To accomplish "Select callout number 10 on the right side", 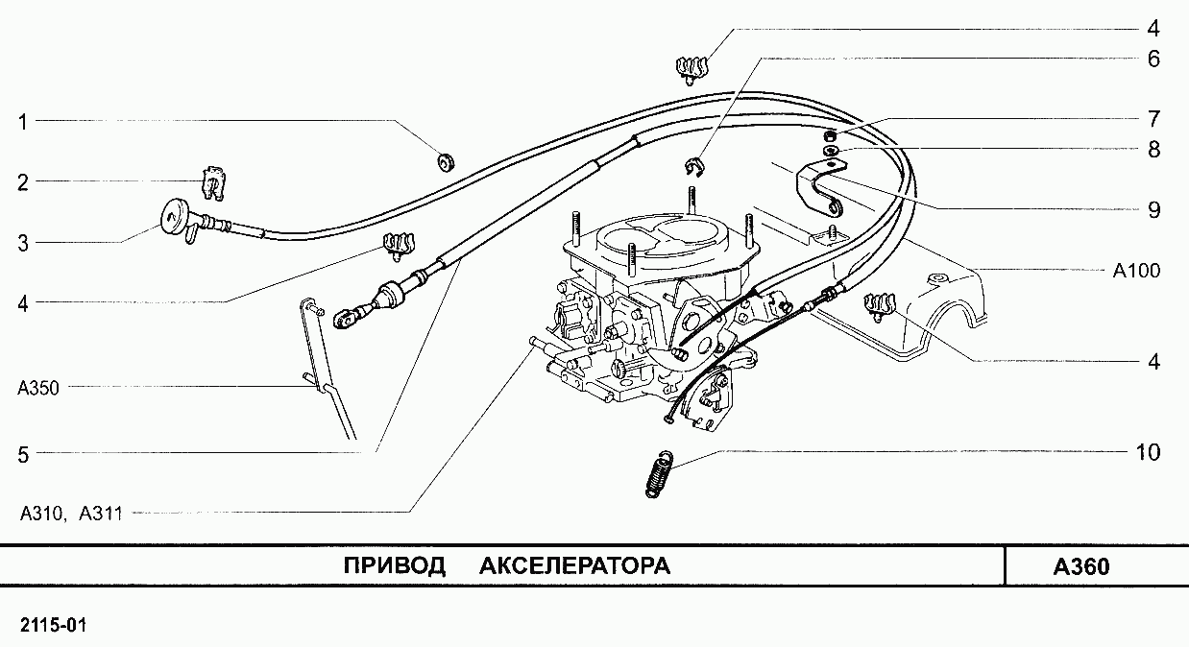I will coord(1148,452).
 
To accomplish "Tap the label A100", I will coord(1136,271).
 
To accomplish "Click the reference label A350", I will coord(38,388).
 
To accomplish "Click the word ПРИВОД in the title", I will coord(395,566).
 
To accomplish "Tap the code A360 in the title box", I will coord(1081,567).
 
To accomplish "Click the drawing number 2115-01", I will coord(54,625).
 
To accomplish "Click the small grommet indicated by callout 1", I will coord(446,160).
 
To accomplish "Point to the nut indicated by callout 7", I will coord(829,137).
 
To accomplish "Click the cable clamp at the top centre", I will coord(692,71).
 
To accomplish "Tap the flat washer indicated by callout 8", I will coord(830,152).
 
